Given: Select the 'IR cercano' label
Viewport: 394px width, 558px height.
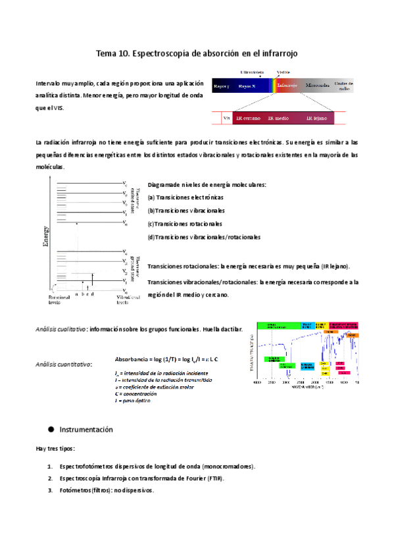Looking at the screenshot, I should [248, 118].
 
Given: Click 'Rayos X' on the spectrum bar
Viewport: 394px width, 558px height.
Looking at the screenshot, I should [247, 86].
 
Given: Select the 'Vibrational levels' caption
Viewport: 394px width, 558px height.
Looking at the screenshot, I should [128, 300].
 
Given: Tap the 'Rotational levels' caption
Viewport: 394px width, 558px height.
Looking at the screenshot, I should [59, 300].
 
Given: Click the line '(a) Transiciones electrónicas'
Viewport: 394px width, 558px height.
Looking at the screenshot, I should [185, 197].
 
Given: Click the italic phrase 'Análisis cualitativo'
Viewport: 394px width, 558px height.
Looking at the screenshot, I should [61, 329].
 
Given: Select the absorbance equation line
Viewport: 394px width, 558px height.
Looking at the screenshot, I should [166, 359].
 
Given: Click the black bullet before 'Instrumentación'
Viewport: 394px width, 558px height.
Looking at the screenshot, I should [51, 429].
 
